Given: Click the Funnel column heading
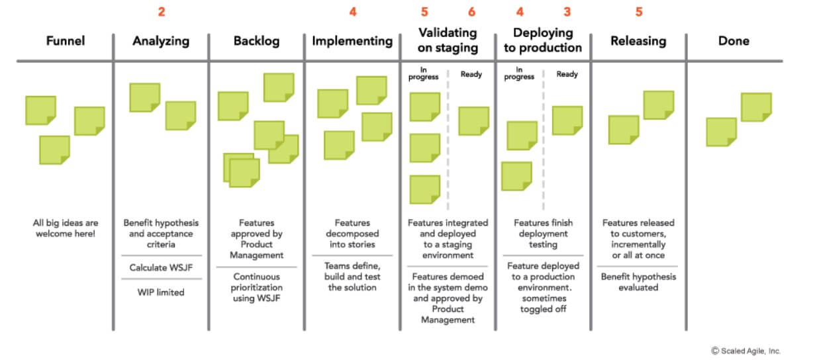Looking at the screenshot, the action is [66, 40].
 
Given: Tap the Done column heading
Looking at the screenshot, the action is [734, 40].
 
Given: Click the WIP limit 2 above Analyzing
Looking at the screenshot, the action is [162, 12].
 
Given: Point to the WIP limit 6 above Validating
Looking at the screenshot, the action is [471, 12].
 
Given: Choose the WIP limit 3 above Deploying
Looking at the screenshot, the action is [567, 12].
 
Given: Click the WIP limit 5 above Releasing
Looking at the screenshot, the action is [639, 12].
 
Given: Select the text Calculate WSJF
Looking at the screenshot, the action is [161, 267].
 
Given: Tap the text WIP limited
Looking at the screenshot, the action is [161, 292].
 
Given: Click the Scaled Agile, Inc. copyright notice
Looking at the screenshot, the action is [746, 351].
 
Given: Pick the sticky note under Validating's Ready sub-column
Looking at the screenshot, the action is [473, 121].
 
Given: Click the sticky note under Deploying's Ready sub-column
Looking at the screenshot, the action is [567, 120].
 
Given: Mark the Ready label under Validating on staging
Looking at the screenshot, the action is [471, 74].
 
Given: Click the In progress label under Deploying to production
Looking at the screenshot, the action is [519, 73].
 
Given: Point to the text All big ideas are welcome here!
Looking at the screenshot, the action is [66, 228].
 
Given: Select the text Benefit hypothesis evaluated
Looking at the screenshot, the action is [638, 282].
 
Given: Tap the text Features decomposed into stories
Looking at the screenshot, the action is [352, 234].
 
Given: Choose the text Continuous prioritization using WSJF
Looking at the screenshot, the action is [256, 287].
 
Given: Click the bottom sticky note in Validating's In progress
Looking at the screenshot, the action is [424, 189].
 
